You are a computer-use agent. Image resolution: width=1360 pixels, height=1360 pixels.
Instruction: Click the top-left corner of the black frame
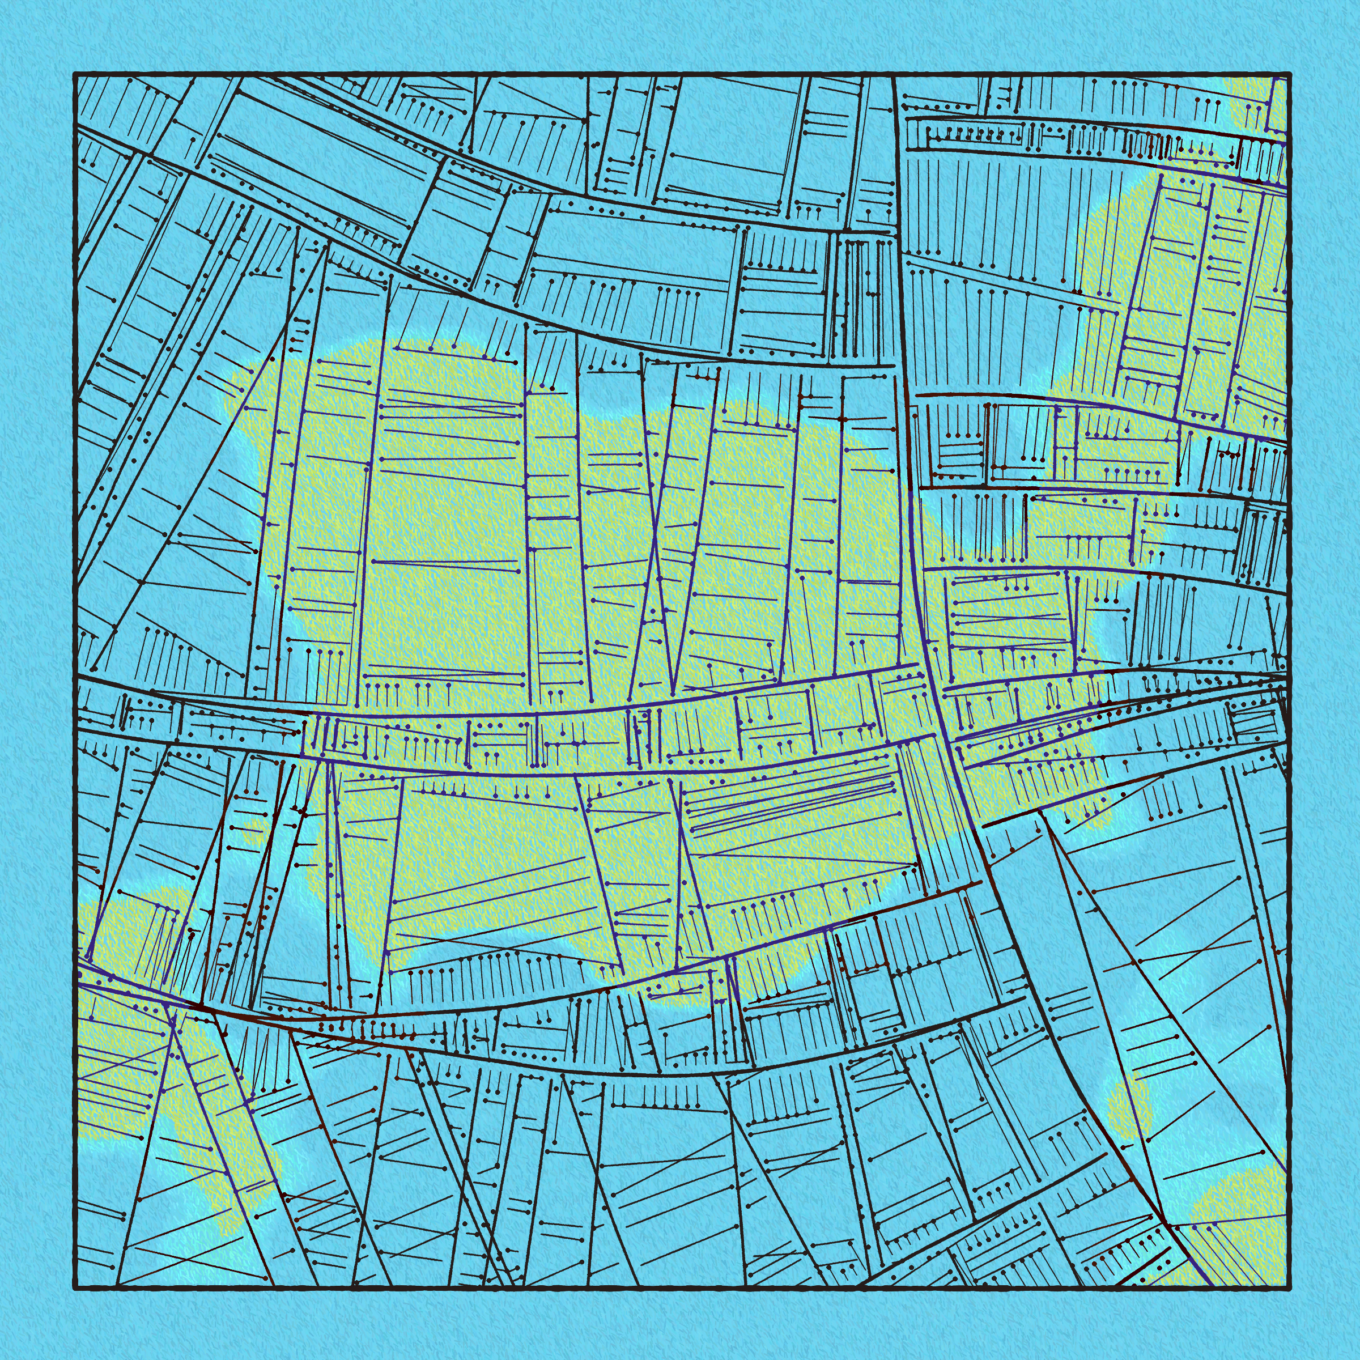click(75, 74)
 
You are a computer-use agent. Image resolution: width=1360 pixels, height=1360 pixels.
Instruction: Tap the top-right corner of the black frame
click(1290, 74)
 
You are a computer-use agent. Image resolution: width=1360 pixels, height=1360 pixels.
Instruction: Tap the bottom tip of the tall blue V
click(674, 694)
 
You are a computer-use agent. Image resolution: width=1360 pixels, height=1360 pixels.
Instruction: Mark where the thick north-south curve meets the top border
click(892, 75)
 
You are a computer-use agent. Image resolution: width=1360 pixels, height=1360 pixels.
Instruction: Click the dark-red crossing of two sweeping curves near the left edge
click(201, 1008)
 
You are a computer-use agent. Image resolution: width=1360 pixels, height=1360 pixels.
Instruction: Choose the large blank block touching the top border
click(732, 141)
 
